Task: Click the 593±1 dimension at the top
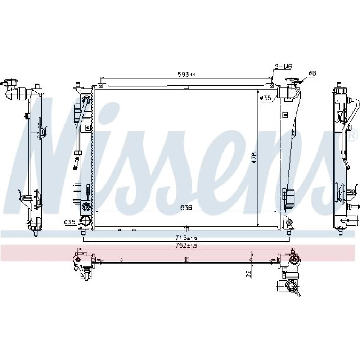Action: point(186,74)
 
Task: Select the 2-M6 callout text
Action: point(283,67)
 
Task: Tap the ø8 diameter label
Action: point(312,73)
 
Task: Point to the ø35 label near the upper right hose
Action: point(265,98)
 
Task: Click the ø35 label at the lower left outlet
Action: point(69,222)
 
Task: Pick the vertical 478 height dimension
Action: point(254,158)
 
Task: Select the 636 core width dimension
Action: point(186,208)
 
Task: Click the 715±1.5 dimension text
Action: point(186,237)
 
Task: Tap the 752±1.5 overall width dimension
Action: point(186,246)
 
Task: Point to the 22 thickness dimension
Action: point(248,274)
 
